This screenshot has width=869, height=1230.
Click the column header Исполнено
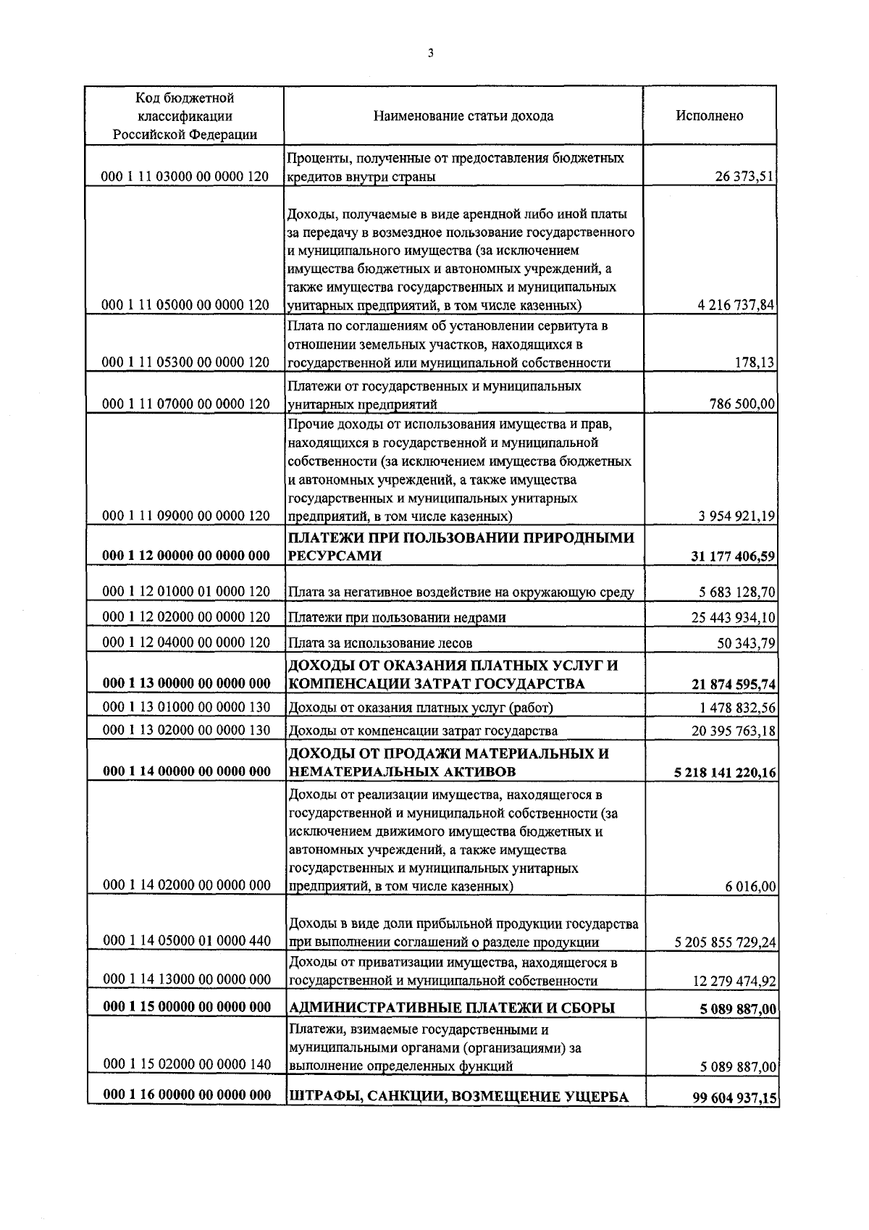709,116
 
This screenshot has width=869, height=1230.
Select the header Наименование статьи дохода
463,116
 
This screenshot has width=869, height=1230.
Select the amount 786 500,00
742,403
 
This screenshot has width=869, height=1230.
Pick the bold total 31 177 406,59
734,556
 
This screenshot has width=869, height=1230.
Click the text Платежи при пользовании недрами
397,617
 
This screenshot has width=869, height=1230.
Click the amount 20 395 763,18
734,731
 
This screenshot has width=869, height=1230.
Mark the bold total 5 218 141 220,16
725,772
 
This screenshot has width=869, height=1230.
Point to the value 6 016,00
752,886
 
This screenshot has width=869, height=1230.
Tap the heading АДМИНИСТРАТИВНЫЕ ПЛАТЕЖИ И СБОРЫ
452,1008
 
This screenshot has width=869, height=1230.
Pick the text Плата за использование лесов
380,643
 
